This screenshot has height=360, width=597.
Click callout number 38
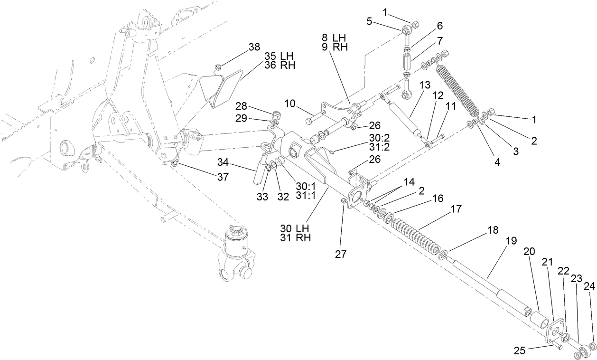[254, 47]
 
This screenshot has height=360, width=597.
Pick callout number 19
[510, 241]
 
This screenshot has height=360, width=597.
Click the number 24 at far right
[588, 286]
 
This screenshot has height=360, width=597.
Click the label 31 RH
[296, 238]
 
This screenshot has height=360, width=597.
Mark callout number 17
[456, 208]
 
